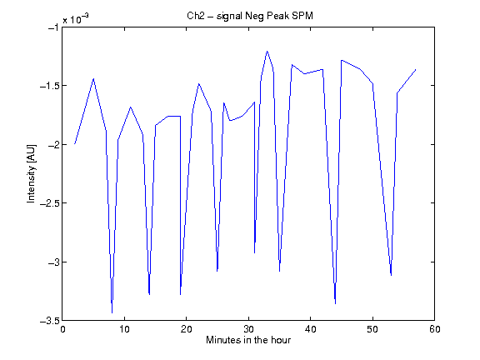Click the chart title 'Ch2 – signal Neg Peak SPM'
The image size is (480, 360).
tap(250, 16)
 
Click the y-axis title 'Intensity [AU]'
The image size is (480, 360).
tap(31, 173)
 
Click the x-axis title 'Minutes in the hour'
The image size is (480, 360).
tap(248, 340)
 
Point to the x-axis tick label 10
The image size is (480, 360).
tap(124, 329)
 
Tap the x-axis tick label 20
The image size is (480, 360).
tap(186, 329)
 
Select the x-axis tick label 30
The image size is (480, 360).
tap(248, 329)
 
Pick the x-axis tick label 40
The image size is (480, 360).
tap(310, 329)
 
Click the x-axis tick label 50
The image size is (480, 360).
tap(372, 329)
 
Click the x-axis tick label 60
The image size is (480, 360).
tap(435, 329)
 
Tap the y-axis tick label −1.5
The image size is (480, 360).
tap(49, 86)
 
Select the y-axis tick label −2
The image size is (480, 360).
tap(53, 144)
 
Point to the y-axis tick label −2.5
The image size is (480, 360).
tap(49, 203)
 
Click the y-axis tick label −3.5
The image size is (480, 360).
tap(49, 321)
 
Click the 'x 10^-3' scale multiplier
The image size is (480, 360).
tap(76, 19)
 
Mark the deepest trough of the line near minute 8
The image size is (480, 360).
tap(112, 312)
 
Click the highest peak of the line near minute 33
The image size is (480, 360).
tap(267, 51)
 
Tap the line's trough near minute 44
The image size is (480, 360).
tap(336, 303)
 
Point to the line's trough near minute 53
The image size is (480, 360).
tap(391, 275)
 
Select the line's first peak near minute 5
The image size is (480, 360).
tap(93, 78)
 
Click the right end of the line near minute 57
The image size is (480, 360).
tap(416, 70)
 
